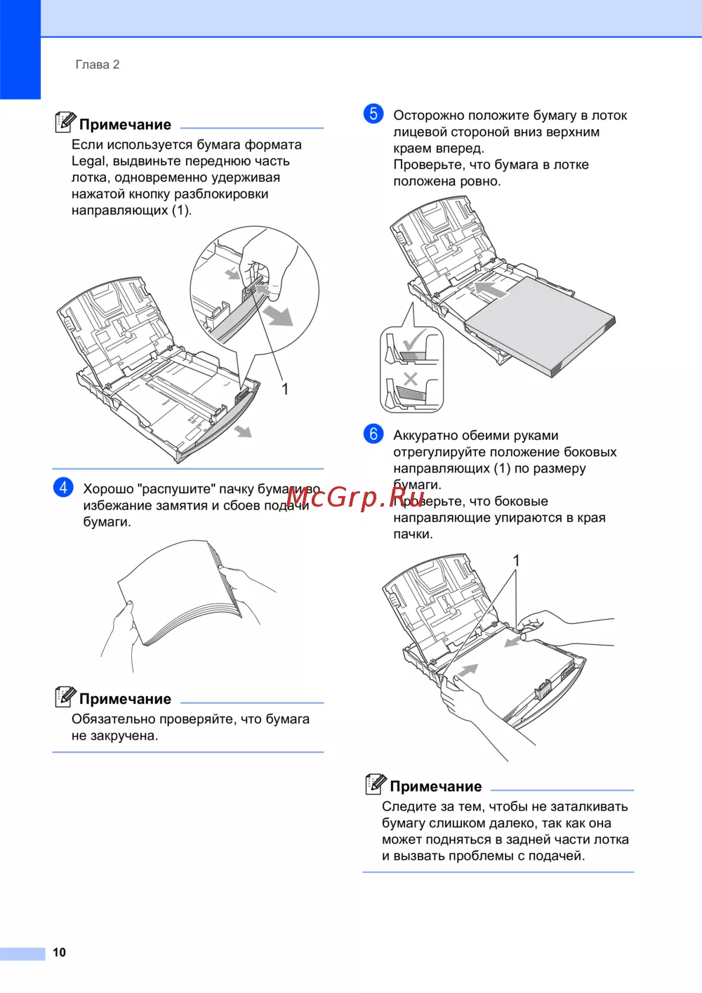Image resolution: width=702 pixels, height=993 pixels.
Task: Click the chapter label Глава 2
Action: [x=98, y=65]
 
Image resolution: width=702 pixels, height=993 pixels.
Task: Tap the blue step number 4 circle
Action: [x=63, y=488]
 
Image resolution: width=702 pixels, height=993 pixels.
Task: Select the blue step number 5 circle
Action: [x=373, y=114]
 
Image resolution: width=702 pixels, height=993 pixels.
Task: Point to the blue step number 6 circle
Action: [x=373, y=434]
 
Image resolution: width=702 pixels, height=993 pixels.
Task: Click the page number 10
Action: [x=60, y=952]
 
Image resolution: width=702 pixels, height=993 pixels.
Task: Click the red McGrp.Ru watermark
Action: [x=355, y=498]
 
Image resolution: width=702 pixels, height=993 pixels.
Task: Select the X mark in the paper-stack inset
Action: [x=411, y=379]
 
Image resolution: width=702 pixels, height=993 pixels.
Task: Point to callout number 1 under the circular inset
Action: [x=285, y=389]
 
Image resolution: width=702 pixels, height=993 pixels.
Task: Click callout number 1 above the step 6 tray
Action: [x=516, y=561]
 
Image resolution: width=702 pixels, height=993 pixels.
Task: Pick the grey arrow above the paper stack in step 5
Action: [x=491, y=289]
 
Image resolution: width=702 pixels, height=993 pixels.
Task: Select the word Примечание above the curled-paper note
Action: [x=126, y=699]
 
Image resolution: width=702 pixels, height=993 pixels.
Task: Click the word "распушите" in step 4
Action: [x=177, y=489]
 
